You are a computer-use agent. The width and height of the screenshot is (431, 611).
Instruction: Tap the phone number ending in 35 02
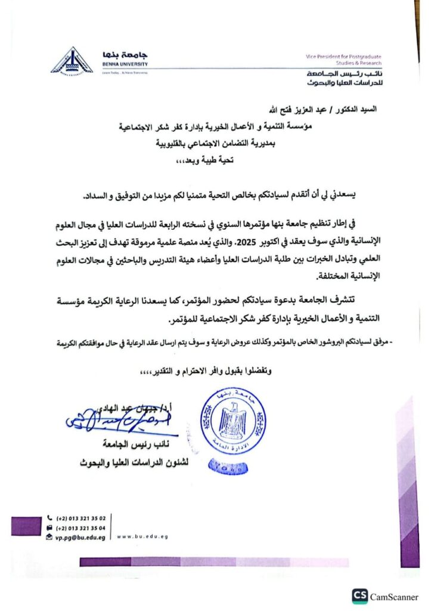(x=80, y=519)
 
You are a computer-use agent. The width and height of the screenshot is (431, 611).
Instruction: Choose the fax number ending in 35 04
(x=80, y=528)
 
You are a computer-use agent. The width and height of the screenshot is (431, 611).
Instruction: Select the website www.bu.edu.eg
(x=142, y=536)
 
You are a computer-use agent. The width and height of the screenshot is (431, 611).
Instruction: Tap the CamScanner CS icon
(x=359, y=595)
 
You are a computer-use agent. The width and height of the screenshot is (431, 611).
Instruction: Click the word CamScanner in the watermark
(x=394, y=595)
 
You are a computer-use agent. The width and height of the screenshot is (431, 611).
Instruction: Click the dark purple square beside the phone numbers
(x=25, y=526)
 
